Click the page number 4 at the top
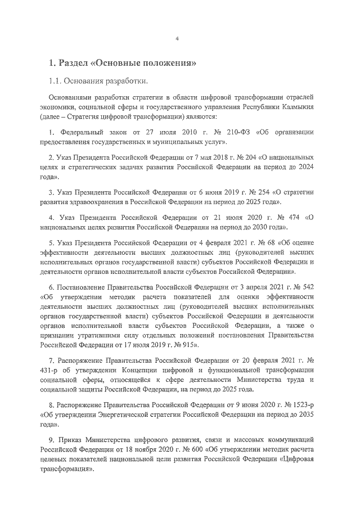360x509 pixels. click(x=177, y=39)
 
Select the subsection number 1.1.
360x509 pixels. click(x=56, y=81)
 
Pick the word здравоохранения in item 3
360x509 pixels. click(x=103, y=202)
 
